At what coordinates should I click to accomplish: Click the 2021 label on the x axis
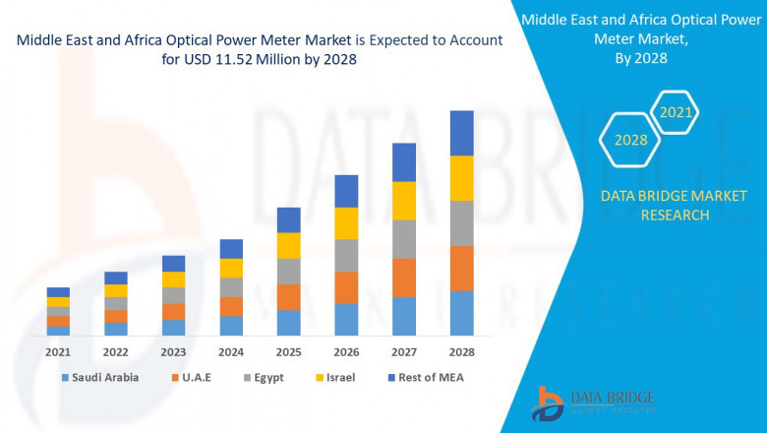[x=58, y=351]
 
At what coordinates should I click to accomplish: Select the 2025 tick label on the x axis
[x=288, y=351]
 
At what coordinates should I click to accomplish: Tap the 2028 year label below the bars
[x=461, y=351]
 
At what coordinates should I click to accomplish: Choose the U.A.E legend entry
[x=198, y=377]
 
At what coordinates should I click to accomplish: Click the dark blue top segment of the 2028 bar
[x=461, y=133]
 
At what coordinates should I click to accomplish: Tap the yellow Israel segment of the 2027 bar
[x=404, y=201]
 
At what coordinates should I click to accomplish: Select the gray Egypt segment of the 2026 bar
[x=346, y=255]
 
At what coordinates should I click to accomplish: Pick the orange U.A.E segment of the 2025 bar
[x=288, y=297]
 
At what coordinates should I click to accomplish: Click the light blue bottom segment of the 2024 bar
[x=231, y=326]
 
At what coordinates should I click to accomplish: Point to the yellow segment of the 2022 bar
[x=116, y=290]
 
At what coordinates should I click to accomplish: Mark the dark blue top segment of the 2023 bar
[x=173, y=263]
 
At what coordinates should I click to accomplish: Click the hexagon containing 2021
[x=675, y=113]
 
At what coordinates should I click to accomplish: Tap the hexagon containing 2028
[x=630, y=140]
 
